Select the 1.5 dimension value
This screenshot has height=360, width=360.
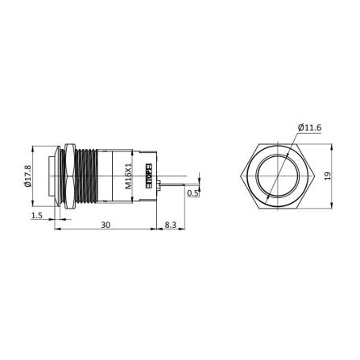[37, 217]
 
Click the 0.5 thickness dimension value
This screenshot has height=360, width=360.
[193, 193]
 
